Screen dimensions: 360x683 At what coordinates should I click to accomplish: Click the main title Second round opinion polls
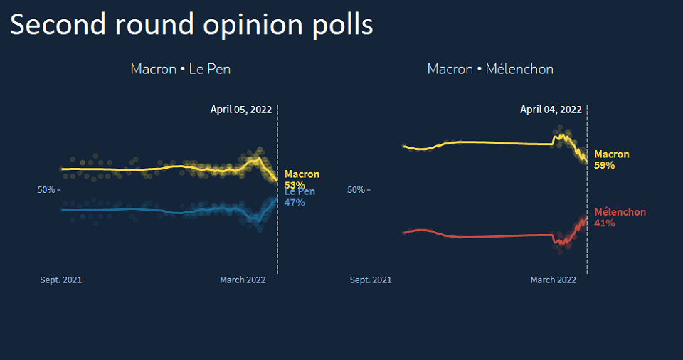click(191, 25)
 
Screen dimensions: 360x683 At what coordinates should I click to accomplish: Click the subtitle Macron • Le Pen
click(180, 69)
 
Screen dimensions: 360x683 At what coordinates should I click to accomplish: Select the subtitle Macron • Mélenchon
click(490, 69)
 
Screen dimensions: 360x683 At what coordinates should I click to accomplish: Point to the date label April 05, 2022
click(240, 110)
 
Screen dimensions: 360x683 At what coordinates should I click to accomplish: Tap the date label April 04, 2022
click(551, 110)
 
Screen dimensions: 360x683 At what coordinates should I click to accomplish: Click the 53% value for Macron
click(295, 184)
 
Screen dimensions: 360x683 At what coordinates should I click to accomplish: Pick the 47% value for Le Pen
click(295, 202)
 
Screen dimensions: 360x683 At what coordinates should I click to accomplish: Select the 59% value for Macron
click(605, 165)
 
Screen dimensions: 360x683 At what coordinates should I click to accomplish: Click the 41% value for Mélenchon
click(605, 223)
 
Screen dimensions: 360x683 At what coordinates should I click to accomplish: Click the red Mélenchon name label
click(620, 212)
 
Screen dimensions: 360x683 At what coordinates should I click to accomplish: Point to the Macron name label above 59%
click(612, 154)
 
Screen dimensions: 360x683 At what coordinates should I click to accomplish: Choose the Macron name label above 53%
click(302, 174)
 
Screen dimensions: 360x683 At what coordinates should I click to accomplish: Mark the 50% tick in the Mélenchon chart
click(357, 190)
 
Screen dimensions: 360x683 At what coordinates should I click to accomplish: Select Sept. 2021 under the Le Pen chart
click(60, 280)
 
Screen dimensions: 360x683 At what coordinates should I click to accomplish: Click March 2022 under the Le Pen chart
click(243, 280)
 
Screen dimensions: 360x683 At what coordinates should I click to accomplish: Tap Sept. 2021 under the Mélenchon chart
click(371, 280)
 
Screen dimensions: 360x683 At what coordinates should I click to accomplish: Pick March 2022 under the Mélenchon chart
click(553, 280)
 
